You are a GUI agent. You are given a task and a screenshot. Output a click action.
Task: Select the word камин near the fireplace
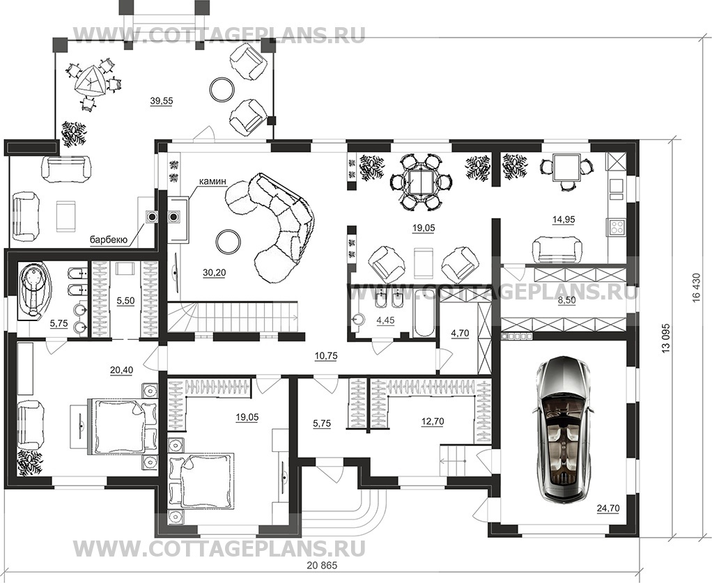pyautogui.click(x=212, y=181)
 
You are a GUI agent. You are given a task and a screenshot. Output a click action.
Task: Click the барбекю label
pyautogui.click(x=108, y=240)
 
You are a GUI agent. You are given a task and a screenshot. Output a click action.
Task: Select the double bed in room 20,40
pyautogui.click(x=118, y=425)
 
